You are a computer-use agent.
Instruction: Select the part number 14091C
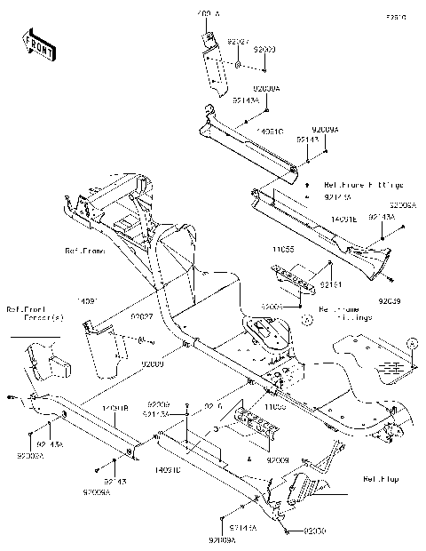click(x=270, y=131)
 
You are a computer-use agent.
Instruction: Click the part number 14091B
click(x=115, y=408)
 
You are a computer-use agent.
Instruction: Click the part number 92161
click(x=331, y=283)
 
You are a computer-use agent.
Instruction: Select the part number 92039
click(x=389, y=301)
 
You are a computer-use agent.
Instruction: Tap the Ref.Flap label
click(x=380, y=479)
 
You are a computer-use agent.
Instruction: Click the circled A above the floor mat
click(x=410, y=341)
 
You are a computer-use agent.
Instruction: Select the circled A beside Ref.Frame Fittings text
click(x=306, y=317)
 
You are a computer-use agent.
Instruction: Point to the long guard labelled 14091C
click(x=248, y=142)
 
